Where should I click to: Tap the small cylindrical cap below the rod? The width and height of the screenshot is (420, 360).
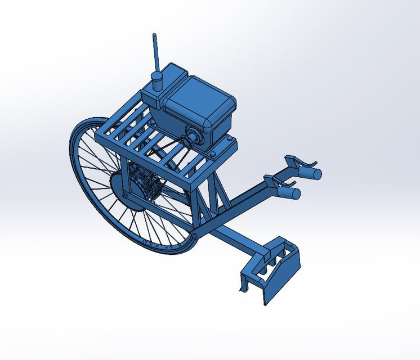point(157,80)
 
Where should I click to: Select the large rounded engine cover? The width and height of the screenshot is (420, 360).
point(200,101)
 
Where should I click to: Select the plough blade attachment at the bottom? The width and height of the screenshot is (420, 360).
point(270,268)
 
